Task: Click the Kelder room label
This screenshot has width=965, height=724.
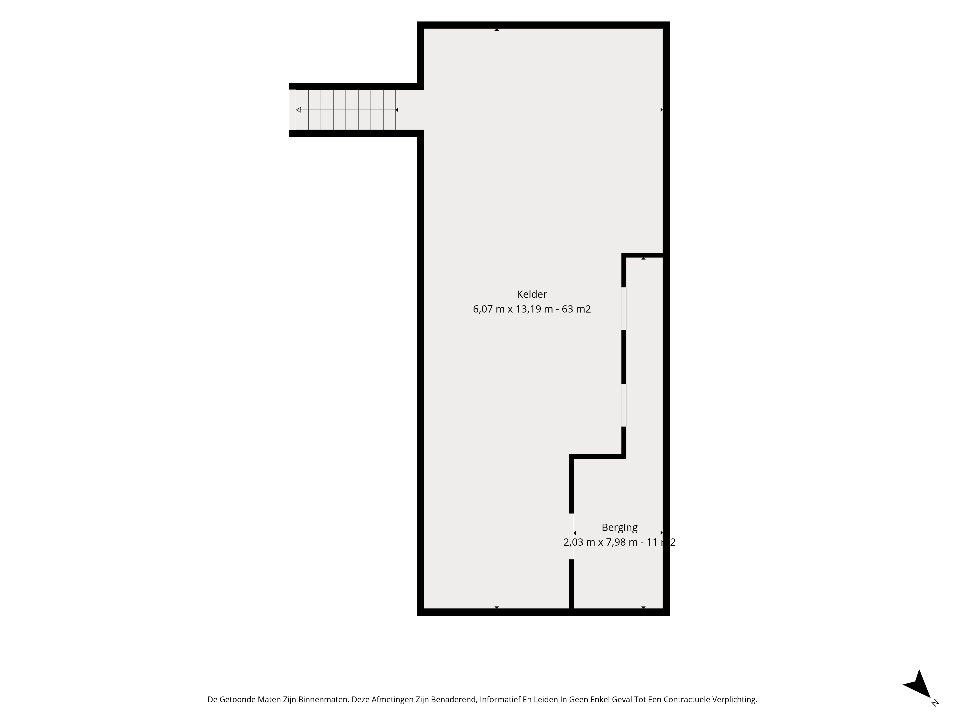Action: (x=532, y=294)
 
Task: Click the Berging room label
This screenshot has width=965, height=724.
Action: (x=620, y=528)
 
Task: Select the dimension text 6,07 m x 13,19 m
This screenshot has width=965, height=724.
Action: (x=513, y=309)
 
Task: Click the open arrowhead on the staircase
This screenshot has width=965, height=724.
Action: (x=298, y=110)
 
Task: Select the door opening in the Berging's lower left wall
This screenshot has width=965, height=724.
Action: (x=571, y=536)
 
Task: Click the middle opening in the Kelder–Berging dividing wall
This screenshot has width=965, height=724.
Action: (x=624, y=405)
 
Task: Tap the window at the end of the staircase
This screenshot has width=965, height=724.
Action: (x=292, y=110)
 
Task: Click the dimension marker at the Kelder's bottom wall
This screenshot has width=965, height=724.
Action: (x=496, y=607)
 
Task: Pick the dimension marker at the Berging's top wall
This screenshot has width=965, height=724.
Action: (x=643, y=259)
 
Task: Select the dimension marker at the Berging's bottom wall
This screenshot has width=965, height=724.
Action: (x=643, y=607)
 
